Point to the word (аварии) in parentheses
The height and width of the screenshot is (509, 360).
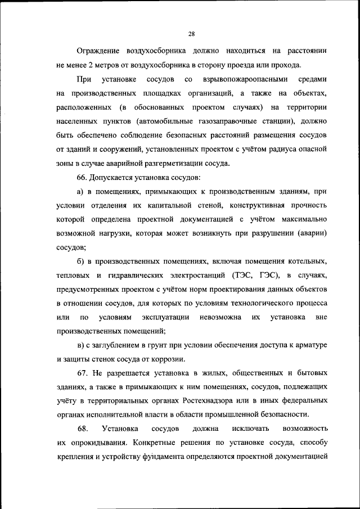[309, 232]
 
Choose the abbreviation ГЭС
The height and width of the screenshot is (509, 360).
[269, 276]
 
